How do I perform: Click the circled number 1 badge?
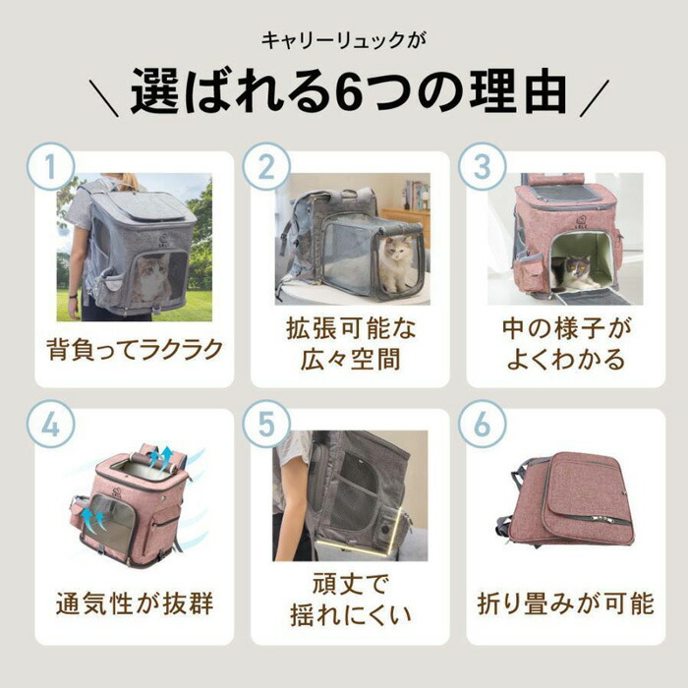[x=50, y=166]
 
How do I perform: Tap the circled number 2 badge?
[x=266, y=166]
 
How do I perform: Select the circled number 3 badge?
[x=483, y=166]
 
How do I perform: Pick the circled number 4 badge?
[x=50, y=424]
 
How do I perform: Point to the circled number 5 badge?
[x=266, y=424]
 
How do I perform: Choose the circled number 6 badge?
[x=483, y=424]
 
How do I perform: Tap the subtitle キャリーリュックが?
[x=344, y=41]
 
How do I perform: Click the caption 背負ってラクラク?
[x=135, y=350]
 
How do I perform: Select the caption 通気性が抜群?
[x=135, y=603]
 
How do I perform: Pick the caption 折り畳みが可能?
[x=565, y=603]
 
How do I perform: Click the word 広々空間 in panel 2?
[x=350, y=360]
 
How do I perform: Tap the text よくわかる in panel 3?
[x=565, y=360]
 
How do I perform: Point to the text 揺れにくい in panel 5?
[x=350, y=614]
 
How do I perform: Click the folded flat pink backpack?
[x=571, y=499]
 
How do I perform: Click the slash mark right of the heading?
[x=594, y=98]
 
